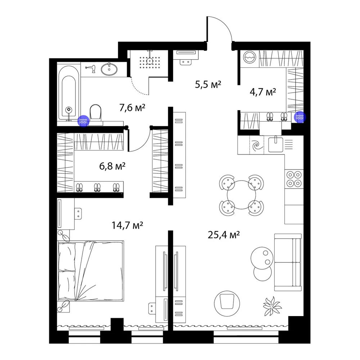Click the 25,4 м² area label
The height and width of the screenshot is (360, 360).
click(x=224, y=235)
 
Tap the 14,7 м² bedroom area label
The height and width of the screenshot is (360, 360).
click(x=127, y=225)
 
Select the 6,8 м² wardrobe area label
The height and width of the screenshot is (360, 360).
click(x=112, y=166)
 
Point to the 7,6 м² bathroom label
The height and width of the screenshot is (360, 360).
click(x=132, y=107)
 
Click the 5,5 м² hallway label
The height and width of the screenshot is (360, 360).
click(x=208, y=84)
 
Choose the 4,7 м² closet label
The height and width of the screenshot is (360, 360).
click(x=263, y=92)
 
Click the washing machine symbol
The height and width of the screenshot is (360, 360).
click(x=249, y=57)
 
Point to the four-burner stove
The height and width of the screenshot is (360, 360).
click(x=294, y=179)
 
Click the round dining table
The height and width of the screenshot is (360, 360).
click(x=241, y=195)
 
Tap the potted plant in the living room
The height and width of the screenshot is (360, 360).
click(x=272, y=306)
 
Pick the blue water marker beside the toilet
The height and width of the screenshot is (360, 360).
click(x=83, y=121)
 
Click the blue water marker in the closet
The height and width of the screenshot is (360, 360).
click(x=300, y=117)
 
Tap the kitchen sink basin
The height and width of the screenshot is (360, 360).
click(x=275, y=144)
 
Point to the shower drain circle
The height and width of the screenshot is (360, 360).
click(x=150, y=61)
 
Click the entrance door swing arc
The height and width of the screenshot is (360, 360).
click(x=224, y=25)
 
